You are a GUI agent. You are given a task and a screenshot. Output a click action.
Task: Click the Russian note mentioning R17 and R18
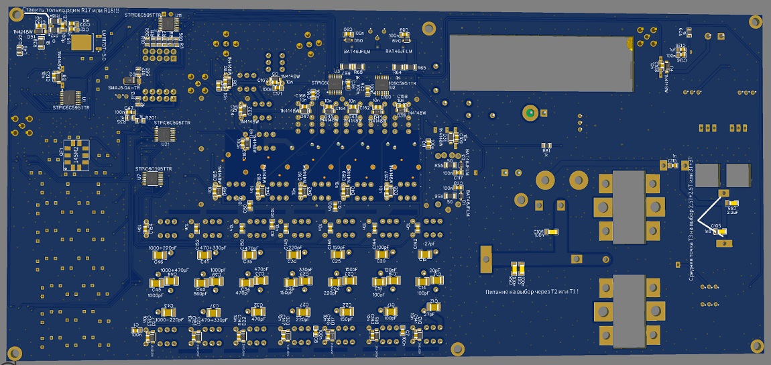click(70, 11)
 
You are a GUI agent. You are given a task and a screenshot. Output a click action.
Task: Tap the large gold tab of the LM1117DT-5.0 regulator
click(82, 42)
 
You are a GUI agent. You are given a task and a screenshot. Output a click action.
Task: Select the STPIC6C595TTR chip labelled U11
click(165, 23)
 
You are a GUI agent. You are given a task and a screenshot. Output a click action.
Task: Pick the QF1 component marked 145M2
click(75, 155)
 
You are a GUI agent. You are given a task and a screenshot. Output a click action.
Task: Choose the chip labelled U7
click(154, 178)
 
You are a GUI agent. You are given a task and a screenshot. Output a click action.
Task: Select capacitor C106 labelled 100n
click(552, 231)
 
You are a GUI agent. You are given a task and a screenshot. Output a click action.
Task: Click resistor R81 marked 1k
click(546, 144)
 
